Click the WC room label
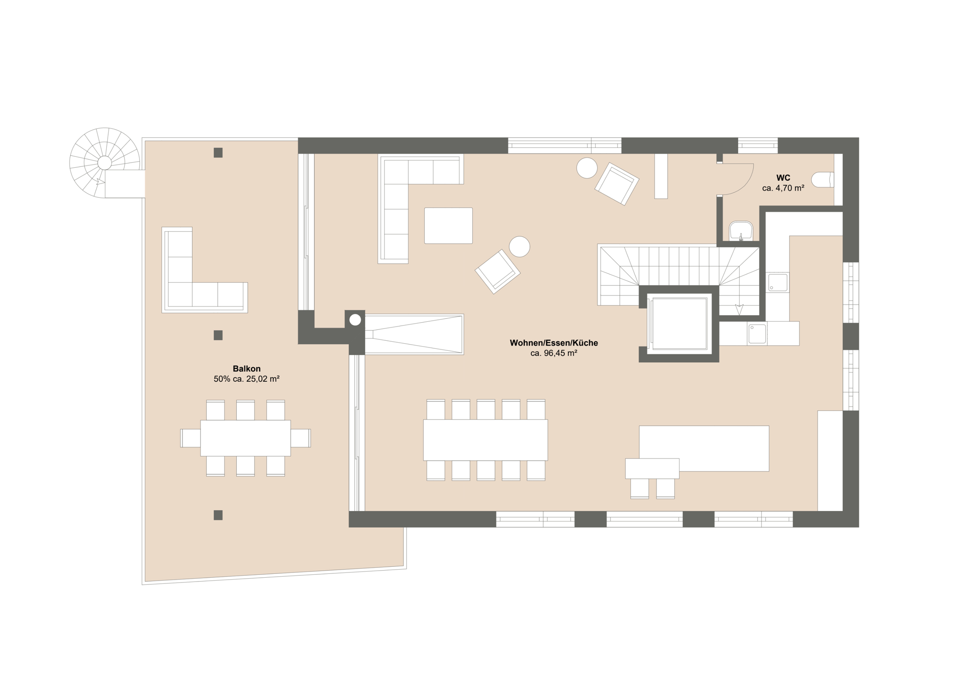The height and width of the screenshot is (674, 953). coord(783,178)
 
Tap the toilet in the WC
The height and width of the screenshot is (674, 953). coord(823,179)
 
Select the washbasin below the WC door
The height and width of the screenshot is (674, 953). coord(740,230)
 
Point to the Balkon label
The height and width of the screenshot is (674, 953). coord(246,368)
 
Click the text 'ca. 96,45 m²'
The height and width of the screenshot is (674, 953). coord(554,353)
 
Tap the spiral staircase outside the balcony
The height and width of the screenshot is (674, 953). coord(104,163)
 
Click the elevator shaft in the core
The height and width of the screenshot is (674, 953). coord(679,324)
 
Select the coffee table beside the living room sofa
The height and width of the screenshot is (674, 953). coord(448,225)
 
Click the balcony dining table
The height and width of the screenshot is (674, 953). coord(245,438)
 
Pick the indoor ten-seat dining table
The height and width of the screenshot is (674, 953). coord(485,439)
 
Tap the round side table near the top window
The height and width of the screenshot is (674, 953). coord(587,168)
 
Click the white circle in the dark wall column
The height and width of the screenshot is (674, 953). coord(355,320)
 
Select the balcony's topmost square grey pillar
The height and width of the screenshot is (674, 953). coord(218,153)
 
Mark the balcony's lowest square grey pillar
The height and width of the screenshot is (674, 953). coord(218,515)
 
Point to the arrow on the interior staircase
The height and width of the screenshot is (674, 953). coord(739,310)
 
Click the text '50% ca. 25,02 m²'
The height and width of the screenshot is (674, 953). coord(246,379)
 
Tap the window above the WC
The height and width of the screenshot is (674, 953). coord(758,145)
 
